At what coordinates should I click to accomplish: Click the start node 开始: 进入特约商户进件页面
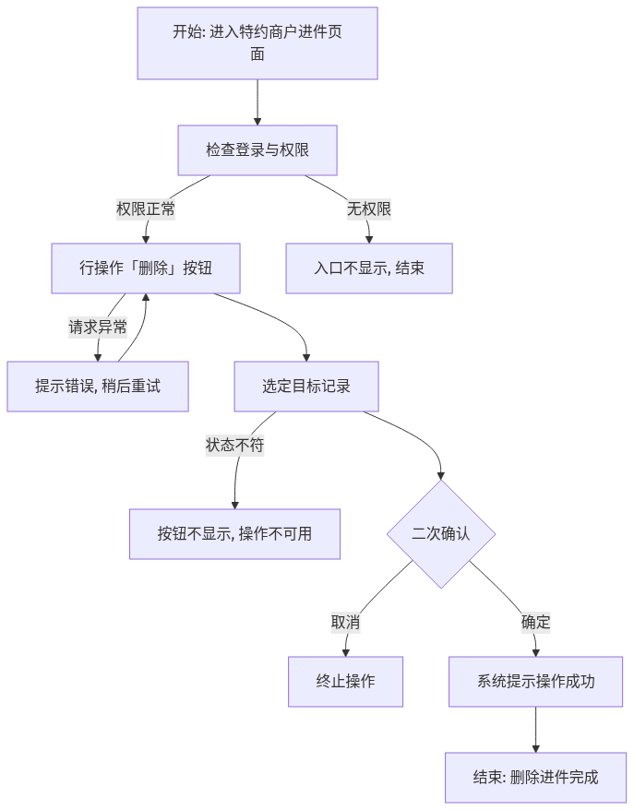click(x=257, y=43)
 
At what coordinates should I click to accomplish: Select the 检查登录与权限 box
click(x=257, y=150)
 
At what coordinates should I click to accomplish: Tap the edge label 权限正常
click(x=146, y=209)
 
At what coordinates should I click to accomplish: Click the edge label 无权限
click(x=369, y=209)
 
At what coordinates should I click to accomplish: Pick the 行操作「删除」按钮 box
click(x=146, y=268)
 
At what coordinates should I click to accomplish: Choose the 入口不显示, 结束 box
click(x=369, y=268)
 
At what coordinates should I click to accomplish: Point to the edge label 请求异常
click(x=98, y=328)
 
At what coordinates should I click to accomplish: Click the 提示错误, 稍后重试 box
click(x=98, y=387)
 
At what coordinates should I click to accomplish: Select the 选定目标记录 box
click(x=306, y=387)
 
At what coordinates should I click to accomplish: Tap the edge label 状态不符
click(x=234, y=446)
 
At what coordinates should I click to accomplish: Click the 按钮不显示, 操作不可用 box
click(x=234, y=534)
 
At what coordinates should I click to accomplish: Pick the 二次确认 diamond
click(x=441, y=534)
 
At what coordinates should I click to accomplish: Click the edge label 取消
click(x=346, y=623)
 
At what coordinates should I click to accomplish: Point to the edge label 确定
click(x=536, y=623)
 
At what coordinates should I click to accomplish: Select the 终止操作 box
click(x=346, y=682)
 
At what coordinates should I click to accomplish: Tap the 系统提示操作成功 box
click(x=536, y=682)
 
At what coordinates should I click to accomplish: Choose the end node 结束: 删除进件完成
click(x=536, y=778)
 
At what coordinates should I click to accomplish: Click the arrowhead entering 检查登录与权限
click(x=257, y=122)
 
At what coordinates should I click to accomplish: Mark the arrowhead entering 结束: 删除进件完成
click(x=536, y=749)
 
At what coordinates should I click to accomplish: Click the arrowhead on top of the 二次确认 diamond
click(x=441, y=476)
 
